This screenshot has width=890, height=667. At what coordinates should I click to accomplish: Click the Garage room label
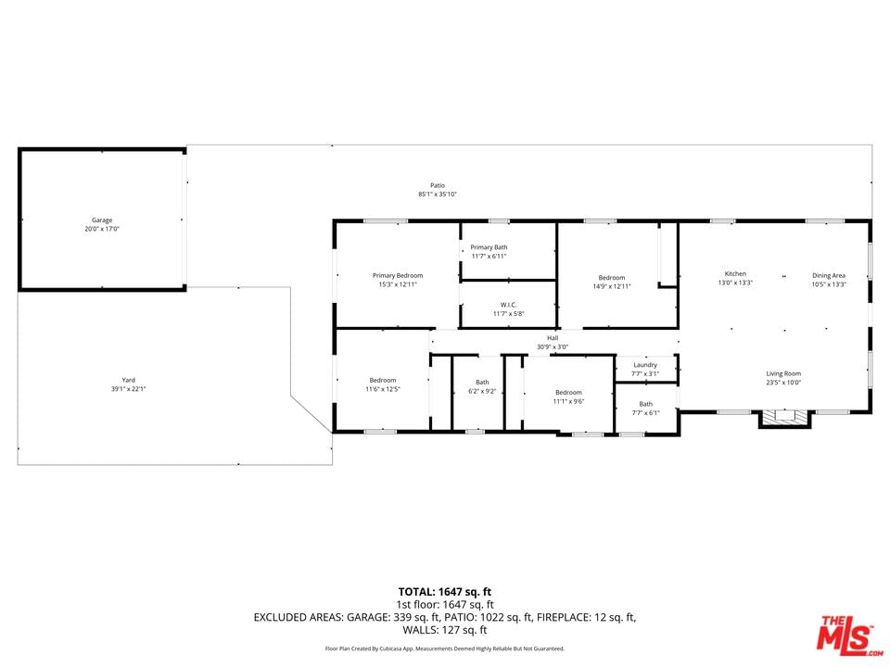[x=102, y=220]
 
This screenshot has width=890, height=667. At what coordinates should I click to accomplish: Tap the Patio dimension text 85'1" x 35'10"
[x=438, y=194]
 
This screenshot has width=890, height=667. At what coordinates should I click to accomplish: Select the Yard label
[x=128, y=380]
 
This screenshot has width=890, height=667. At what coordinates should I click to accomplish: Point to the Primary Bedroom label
[x=398, y=276]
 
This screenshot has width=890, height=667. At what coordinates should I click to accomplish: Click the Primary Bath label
[x=489, y=247]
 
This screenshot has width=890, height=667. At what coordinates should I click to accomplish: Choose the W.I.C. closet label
[x=509, y=305]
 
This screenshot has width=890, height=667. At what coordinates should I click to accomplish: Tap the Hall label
[x=553, y=338]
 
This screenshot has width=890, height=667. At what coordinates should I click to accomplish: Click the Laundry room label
[x=645, y=365]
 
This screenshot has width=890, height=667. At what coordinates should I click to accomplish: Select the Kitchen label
[x=735, y=273]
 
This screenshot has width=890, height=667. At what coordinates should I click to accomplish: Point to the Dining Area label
[x=829, y=276]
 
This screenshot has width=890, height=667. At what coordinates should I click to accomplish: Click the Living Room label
[x=783, y=373]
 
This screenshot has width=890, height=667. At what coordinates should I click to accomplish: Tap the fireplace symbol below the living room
[x=785, y=418]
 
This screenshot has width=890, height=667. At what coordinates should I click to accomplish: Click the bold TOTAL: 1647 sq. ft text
[x=444, y=592]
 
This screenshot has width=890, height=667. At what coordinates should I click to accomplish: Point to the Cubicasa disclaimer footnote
[x=444, y=648]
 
